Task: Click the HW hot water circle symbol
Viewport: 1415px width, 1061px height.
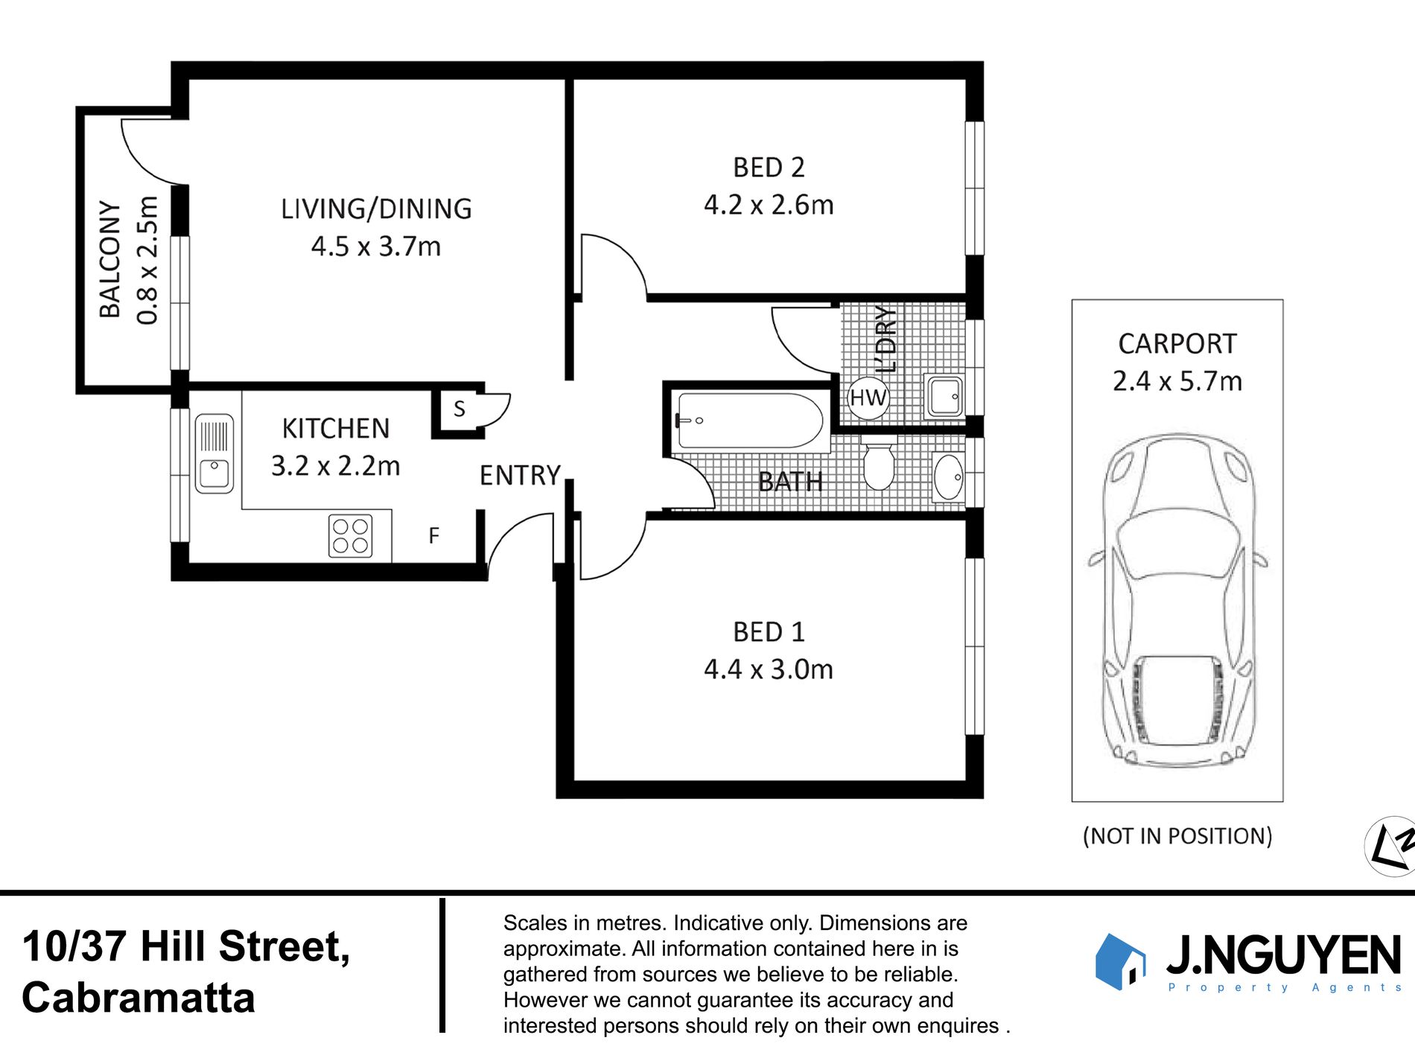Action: point(868,398)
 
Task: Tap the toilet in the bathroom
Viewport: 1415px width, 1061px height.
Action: point(878,467)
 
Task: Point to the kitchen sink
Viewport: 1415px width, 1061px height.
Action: point(214,454)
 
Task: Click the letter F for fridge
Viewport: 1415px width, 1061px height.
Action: point(433,535)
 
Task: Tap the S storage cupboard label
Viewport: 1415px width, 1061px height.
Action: point(460,409)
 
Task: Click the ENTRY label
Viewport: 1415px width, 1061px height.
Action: point(520,475)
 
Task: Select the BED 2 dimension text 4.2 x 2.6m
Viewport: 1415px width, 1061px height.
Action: point(769,205)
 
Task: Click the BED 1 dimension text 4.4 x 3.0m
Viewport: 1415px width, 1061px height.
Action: point(769,669)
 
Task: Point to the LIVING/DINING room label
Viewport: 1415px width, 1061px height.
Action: point(376,209)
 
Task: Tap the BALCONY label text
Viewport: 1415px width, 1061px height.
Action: point(110,259)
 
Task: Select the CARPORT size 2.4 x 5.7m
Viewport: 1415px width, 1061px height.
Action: point(1177,381)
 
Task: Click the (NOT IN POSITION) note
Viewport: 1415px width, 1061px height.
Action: point(1177,836)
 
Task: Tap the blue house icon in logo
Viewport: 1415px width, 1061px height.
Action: point(1119,961)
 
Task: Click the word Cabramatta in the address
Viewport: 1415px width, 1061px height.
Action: point(139,998)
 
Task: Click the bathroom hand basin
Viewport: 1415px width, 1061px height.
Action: point(948,477)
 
